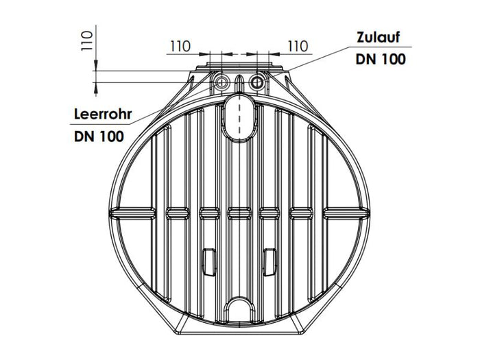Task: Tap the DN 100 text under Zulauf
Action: pyautogui.click(x=381, y=59)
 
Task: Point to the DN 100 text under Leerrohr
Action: pyautogui.click(x=99, y=136)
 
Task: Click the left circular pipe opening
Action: pyautogui.click(x=221, y=82)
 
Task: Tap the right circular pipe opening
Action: pyautogui.click(x=257, y=82)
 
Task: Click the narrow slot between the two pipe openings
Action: pyautogui.click(x=239, y=84)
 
